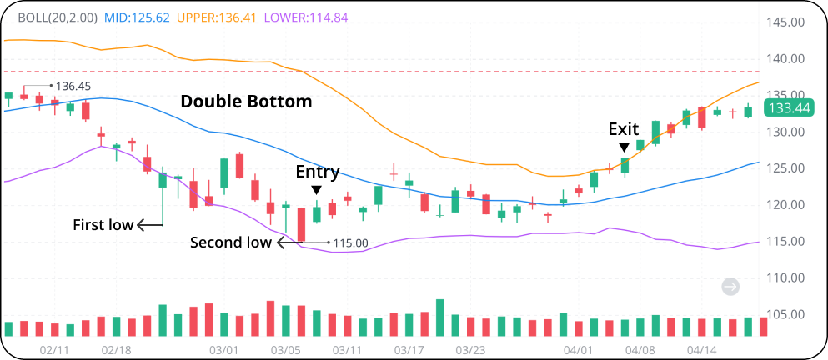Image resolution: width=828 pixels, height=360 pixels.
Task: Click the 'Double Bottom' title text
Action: point(246,102)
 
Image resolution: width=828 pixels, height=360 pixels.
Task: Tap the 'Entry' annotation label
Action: point(318,172)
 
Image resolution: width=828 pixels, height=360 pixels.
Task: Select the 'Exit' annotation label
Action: point(623,129)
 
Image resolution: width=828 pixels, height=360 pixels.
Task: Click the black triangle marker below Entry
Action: point(317,190)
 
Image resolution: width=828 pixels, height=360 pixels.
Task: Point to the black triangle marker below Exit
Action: point(624,147)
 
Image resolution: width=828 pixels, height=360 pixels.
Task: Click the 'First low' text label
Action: point(103,224)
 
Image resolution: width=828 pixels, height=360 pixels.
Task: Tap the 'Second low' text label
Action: point(230,242)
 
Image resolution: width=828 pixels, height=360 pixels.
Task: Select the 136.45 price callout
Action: point(73,86)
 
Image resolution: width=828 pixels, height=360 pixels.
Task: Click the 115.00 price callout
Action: point(350,243)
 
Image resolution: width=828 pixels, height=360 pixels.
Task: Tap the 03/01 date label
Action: point(224,350)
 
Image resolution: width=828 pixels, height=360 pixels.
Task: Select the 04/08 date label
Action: point(640,350)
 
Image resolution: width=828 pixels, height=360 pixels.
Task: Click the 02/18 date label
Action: point(116,350)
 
